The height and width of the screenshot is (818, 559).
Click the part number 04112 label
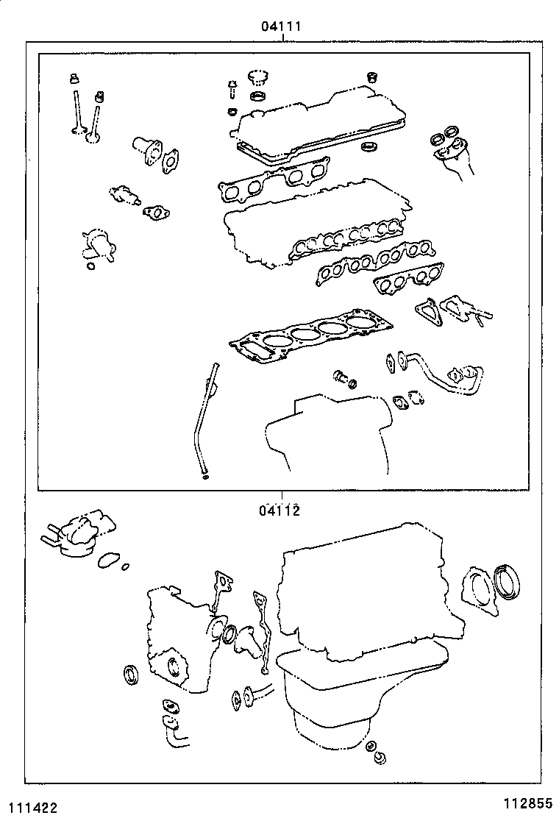tap(279, 510)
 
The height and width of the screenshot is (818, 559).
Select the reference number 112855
tap(527, 803)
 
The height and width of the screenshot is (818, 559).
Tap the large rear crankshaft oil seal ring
tap(508, 583)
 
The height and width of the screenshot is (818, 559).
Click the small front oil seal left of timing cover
tap(131, 674)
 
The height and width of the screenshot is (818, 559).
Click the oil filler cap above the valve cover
tap(256, 78)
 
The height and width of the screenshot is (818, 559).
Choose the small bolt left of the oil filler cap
tap(231, 90)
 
